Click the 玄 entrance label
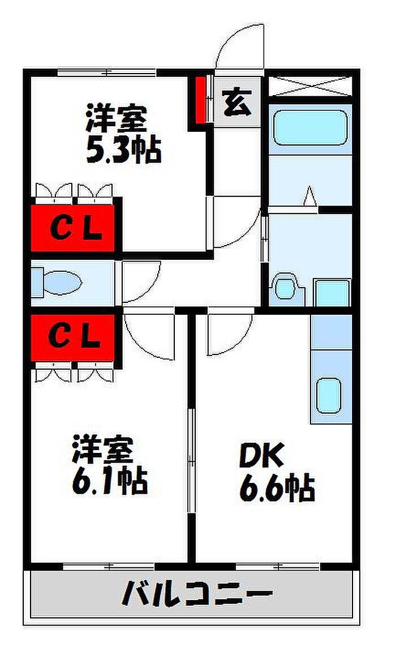(x=237, y=103)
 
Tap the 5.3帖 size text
(x=123, y=151)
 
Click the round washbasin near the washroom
(x=285, y=287)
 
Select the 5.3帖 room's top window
(x=107, y=72)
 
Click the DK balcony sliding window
(x=277, y=566)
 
